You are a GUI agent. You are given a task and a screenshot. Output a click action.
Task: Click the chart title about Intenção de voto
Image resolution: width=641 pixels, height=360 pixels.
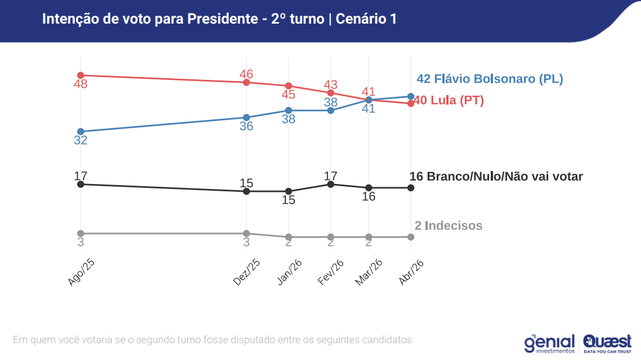click(x=219, y=19)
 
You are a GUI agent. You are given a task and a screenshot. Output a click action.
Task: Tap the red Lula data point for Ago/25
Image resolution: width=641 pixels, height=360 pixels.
click(x=80, y=75)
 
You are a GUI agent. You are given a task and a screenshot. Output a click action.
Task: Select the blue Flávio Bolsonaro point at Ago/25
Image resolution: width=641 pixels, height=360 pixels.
click(x=80, y=131)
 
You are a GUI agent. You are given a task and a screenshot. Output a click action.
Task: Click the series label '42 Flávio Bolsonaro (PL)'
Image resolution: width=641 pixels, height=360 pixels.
click(x=490, y=79)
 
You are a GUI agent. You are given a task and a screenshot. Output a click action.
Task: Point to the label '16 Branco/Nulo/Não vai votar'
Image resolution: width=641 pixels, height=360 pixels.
click(x=496, y=177)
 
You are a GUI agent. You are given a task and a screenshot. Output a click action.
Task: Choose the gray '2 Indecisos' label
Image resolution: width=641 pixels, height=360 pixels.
click(x=449, y=226)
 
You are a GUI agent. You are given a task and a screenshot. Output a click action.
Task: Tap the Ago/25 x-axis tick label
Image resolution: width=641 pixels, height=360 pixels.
click(x=81, y=273)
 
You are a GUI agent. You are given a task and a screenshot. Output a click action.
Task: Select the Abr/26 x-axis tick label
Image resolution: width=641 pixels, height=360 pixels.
click(x=411, y=273)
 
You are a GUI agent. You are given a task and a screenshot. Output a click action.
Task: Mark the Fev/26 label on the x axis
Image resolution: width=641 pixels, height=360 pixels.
click(x=331, y=273)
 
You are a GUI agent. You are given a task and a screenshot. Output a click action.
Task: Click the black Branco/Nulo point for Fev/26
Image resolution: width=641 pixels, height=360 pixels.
click(x=330, y=184)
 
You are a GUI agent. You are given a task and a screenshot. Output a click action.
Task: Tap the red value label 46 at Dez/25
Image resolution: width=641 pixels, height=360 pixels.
click(x=246, y=74)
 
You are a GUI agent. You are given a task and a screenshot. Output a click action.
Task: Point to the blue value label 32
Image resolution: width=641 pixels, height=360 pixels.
click(x=80, y=141)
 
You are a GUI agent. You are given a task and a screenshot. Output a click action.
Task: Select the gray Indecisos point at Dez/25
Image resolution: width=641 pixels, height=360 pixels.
click(x=246, y=233)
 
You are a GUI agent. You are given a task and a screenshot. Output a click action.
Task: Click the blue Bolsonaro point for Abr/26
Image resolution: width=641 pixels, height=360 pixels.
click(x=411, y=96)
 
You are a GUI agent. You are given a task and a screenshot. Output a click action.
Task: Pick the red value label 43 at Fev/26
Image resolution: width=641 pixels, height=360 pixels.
click(x=330, y=84)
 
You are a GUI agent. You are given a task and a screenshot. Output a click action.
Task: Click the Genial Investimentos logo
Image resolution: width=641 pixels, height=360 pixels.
click(x=549, y=343)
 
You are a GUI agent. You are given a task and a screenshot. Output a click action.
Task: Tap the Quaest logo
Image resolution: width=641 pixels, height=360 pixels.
click(x=607, y=343)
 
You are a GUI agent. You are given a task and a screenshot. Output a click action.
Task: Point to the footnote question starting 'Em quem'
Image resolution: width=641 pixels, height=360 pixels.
click(x=213, y=340)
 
